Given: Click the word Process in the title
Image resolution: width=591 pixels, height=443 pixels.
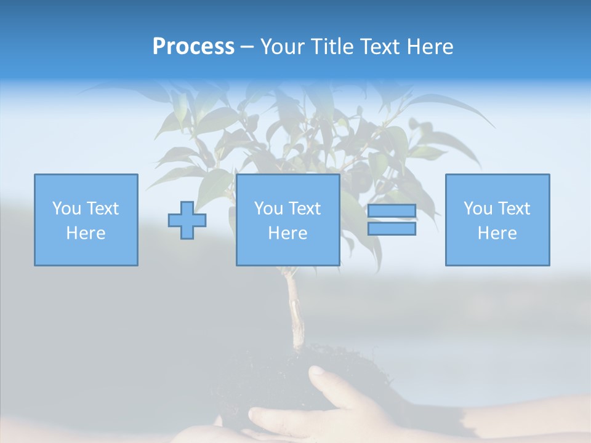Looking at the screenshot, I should (193, 47).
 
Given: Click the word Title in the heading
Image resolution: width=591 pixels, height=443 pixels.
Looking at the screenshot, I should (333, 47).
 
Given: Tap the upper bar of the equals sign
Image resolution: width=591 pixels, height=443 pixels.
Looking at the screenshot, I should (392, 211).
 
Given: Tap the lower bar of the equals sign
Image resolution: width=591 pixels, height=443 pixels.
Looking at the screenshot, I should (392, 229).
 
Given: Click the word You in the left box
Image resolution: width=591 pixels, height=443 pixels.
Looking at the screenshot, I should (66, 209).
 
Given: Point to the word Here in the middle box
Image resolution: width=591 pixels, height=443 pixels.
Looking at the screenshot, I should (287, 233).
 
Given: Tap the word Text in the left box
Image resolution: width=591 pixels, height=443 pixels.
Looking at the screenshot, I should (103, 209).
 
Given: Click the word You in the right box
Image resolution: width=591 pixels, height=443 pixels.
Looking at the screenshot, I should (478, 209).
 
